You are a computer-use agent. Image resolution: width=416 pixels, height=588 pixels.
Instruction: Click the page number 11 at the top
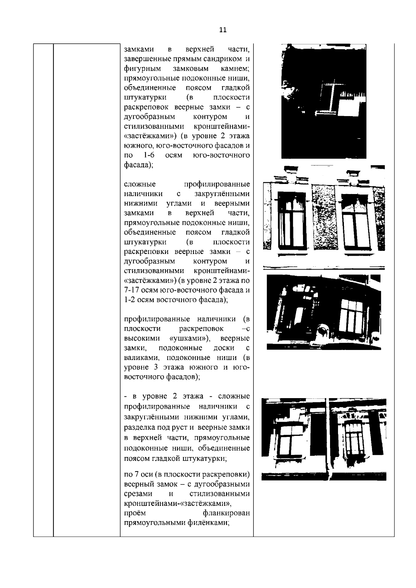coord(223,30)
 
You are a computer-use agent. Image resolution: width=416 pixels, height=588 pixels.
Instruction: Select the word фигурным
coord(139,68)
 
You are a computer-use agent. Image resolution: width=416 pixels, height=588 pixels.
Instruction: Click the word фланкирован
coord(226,512)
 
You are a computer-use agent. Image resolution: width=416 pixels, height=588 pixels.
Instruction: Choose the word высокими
coord(139,338)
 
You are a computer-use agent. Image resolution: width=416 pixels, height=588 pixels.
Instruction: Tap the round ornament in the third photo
coord(323,331)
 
